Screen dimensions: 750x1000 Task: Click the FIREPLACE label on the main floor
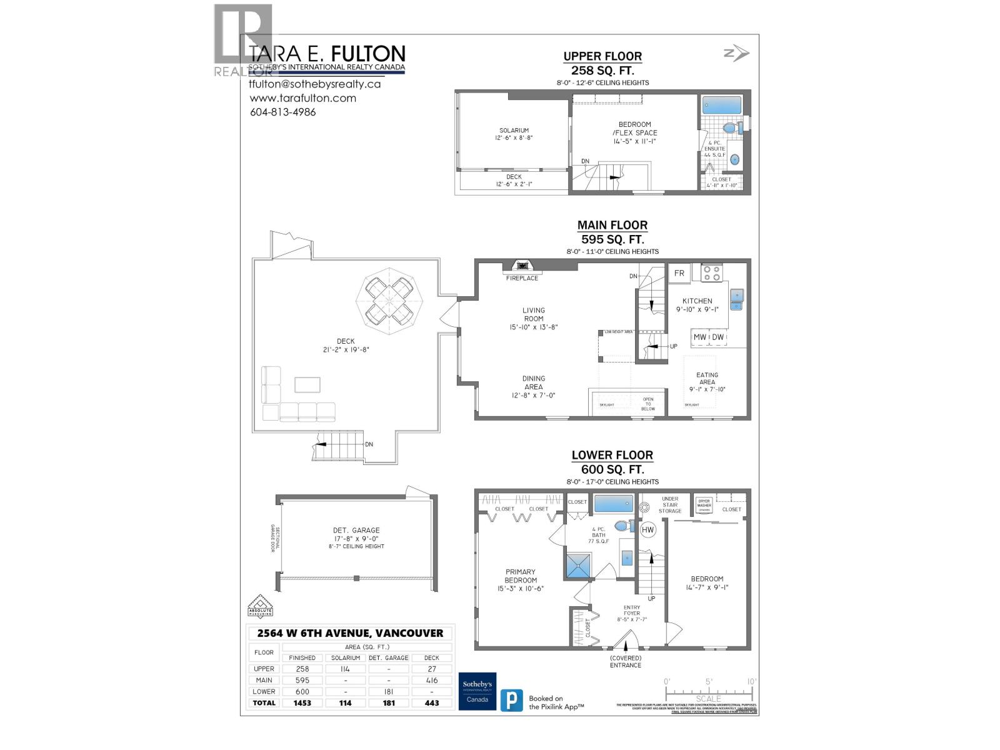[x=522, y=278]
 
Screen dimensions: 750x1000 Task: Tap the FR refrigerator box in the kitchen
[x=679, y=273]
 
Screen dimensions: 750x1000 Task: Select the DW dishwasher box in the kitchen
[x=718, y=337]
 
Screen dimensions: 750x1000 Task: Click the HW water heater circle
[x=648, y=530]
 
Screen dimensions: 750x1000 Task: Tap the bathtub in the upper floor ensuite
[x=721, y=105]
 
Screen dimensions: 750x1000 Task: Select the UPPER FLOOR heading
[x=602, y=56]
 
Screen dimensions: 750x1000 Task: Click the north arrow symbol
[x=736, y=54]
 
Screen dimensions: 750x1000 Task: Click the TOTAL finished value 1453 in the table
[x=302, y=703]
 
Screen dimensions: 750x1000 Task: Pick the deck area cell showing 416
[x=431, y=680]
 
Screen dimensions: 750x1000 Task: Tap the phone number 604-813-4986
[x=282, y=112]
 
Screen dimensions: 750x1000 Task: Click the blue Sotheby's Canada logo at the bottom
[x=477, y=691]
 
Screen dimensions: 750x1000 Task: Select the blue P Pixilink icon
[x=511, y=699]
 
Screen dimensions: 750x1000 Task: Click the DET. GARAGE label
[x=356, y=530]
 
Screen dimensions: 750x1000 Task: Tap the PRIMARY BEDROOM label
[x=521, y=576]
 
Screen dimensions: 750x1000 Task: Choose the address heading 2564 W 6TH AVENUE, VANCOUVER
[x=350, y=633]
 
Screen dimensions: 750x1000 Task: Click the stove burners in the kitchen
[x=712, y=273]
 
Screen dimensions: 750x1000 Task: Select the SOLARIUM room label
[x=514, y=131]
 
